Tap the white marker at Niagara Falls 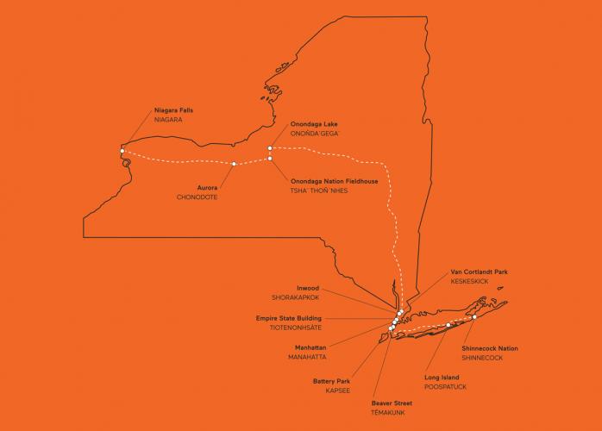(x=122, y=152)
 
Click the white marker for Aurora (x=234, y=164)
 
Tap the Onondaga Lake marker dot (x=270, y=148)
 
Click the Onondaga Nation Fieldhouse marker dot (x=270, y=159)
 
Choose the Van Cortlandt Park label (x=479, y=272)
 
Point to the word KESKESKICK (x=471, y=282)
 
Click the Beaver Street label (x=392, y=403)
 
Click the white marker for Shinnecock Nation (x=474, y=317)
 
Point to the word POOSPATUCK (x=448, y=387)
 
